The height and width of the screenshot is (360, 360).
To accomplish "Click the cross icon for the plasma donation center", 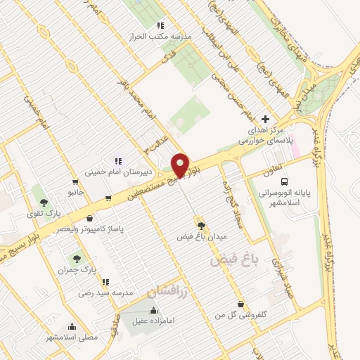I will pyautogui.click(x=264, y=119).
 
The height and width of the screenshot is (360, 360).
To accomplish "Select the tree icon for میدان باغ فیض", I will pyautogui.click(x=202, y=226).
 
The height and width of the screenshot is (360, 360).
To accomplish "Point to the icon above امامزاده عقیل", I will pyautogui.click(x=153, y=311).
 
